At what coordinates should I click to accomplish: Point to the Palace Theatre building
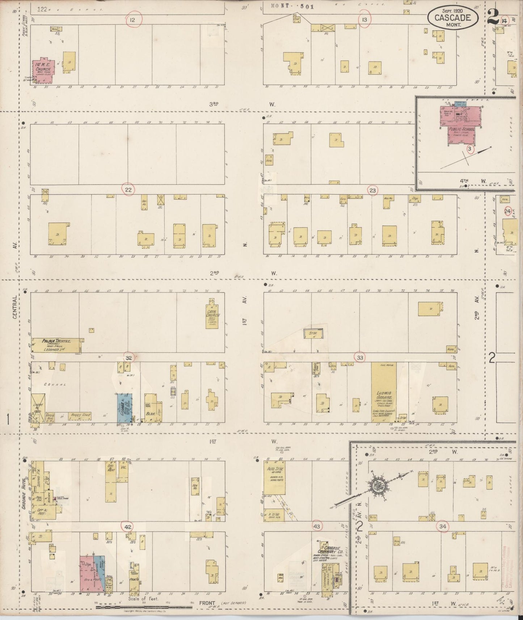[x=56, y=345]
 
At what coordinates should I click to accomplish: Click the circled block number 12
[x=132, y=20]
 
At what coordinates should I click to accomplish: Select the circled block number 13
[x=364, y=20]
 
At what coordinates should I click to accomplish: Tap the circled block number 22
[x=128, y=190]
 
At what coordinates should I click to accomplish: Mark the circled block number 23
[x=372, y=190]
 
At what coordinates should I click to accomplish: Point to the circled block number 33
[x=360, y=357]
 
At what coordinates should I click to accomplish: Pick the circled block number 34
[x=443, y=527]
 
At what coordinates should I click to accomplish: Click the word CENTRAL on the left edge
[x=15, y=307]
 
